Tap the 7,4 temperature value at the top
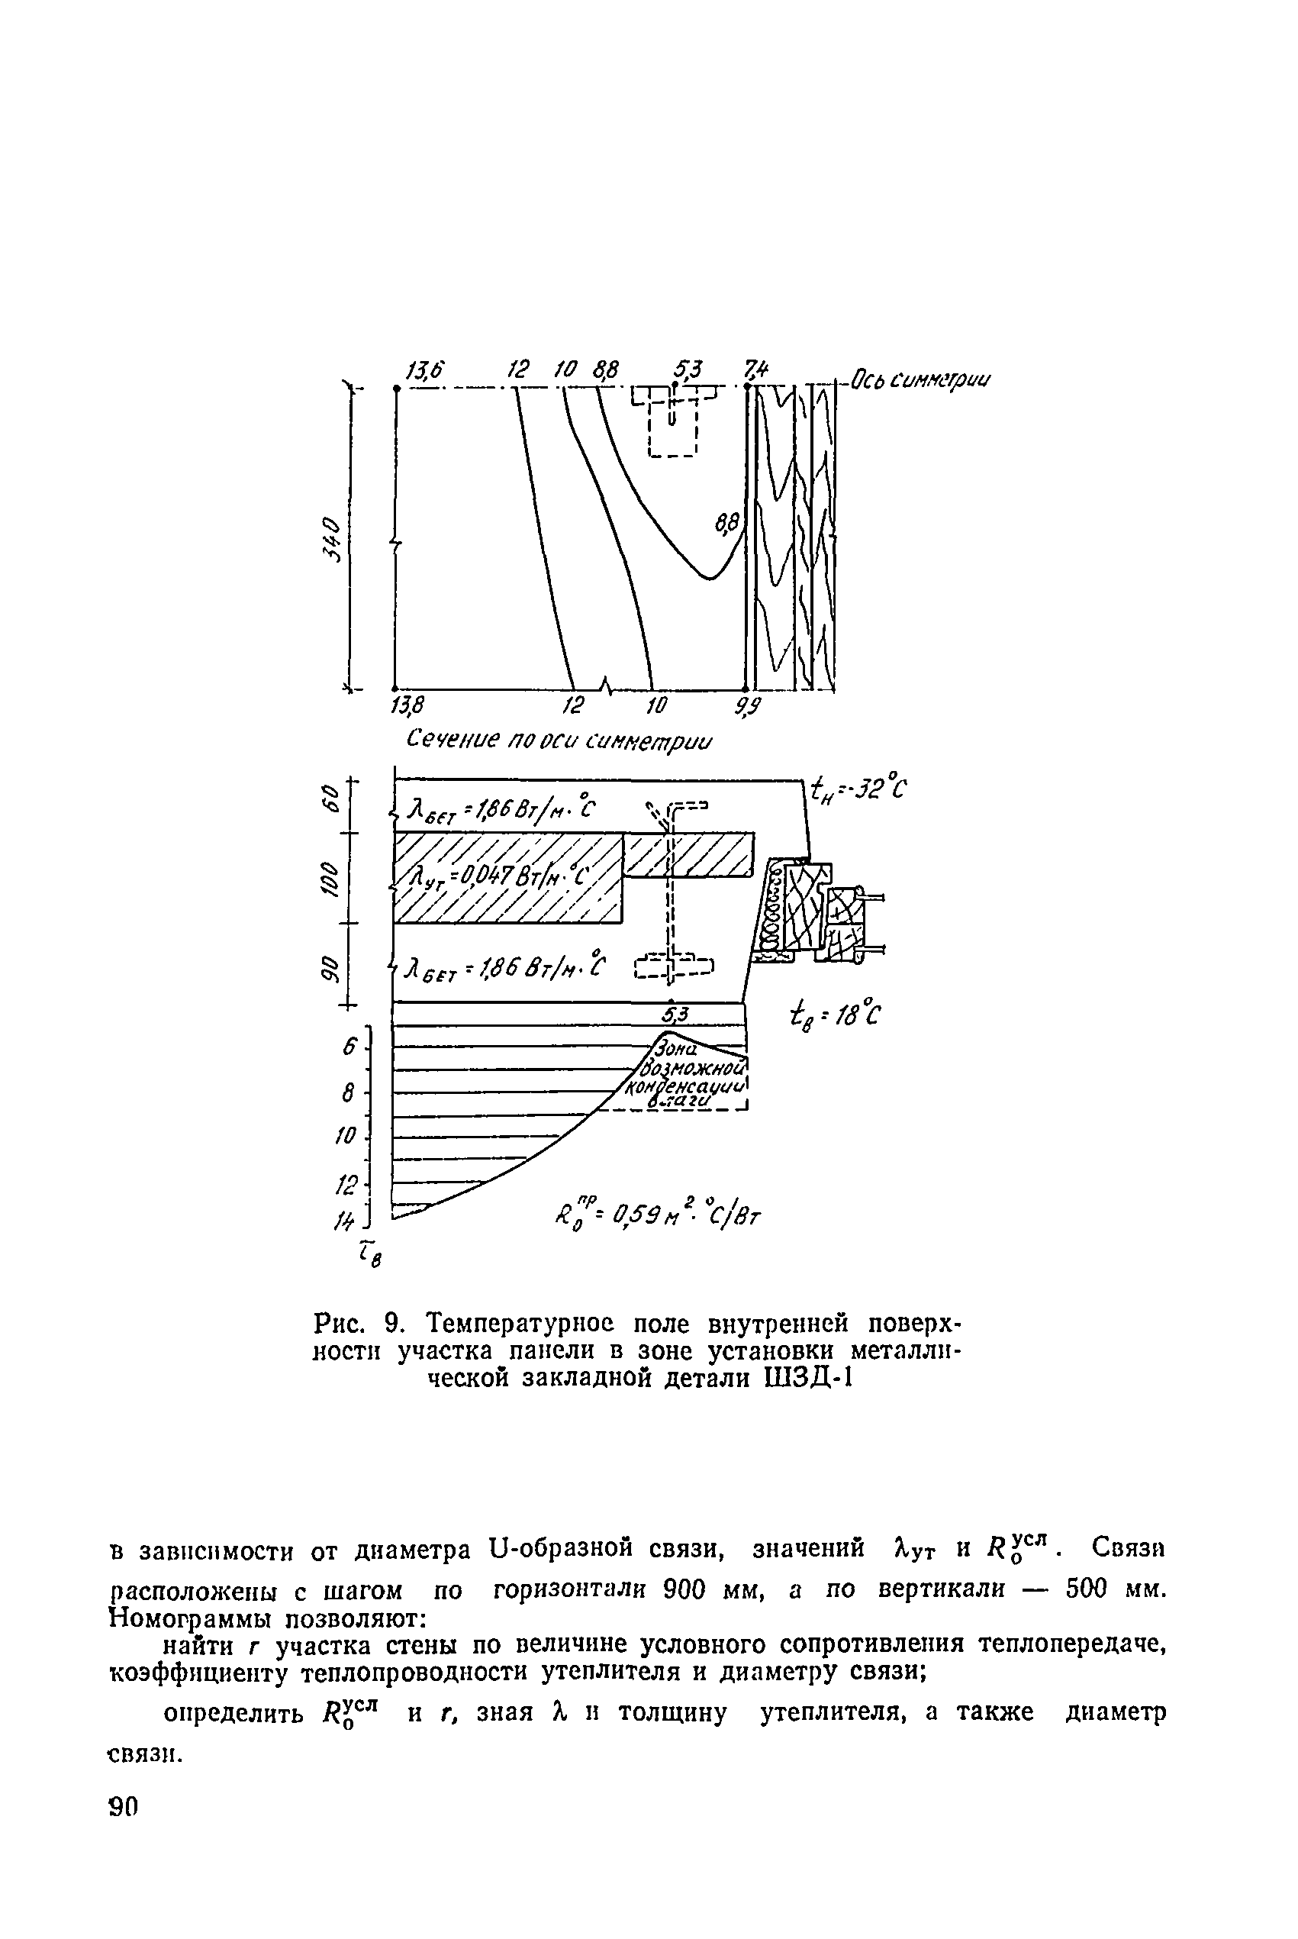coord(755,369)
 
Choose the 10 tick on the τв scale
coord(344,1135)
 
